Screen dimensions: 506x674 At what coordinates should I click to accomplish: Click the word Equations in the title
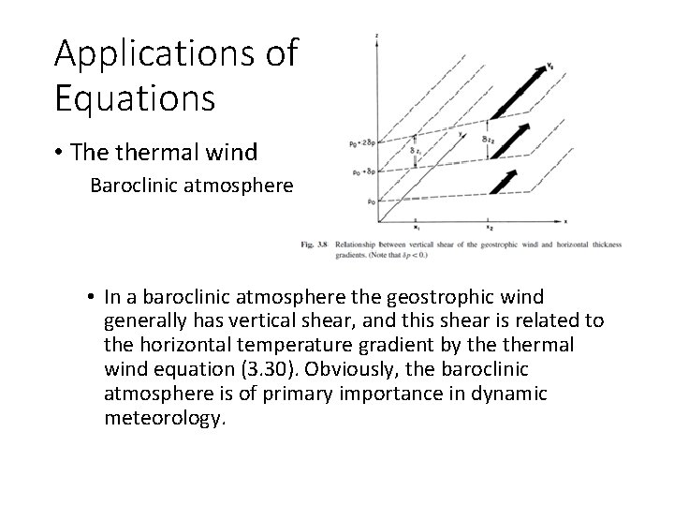(135, 97)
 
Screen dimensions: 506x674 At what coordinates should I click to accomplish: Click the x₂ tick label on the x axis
(489, 228)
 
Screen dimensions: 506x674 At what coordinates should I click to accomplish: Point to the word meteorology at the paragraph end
(165, 419)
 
